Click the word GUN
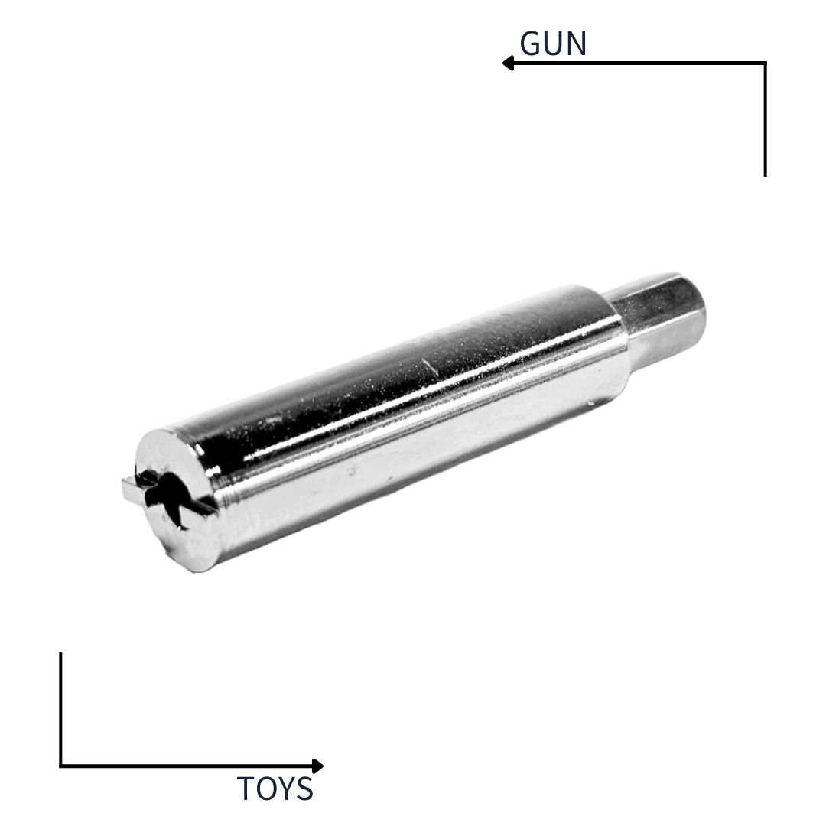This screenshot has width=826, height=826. coord(553,43)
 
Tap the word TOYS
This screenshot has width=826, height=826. coord(275,789)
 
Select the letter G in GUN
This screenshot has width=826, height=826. coord(531,43)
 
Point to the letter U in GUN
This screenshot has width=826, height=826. coord(554,44)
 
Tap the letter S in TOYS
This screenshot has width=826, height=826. coord(305,789)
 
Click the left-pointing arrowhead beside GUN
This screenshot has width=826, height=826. coord(509,63)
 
